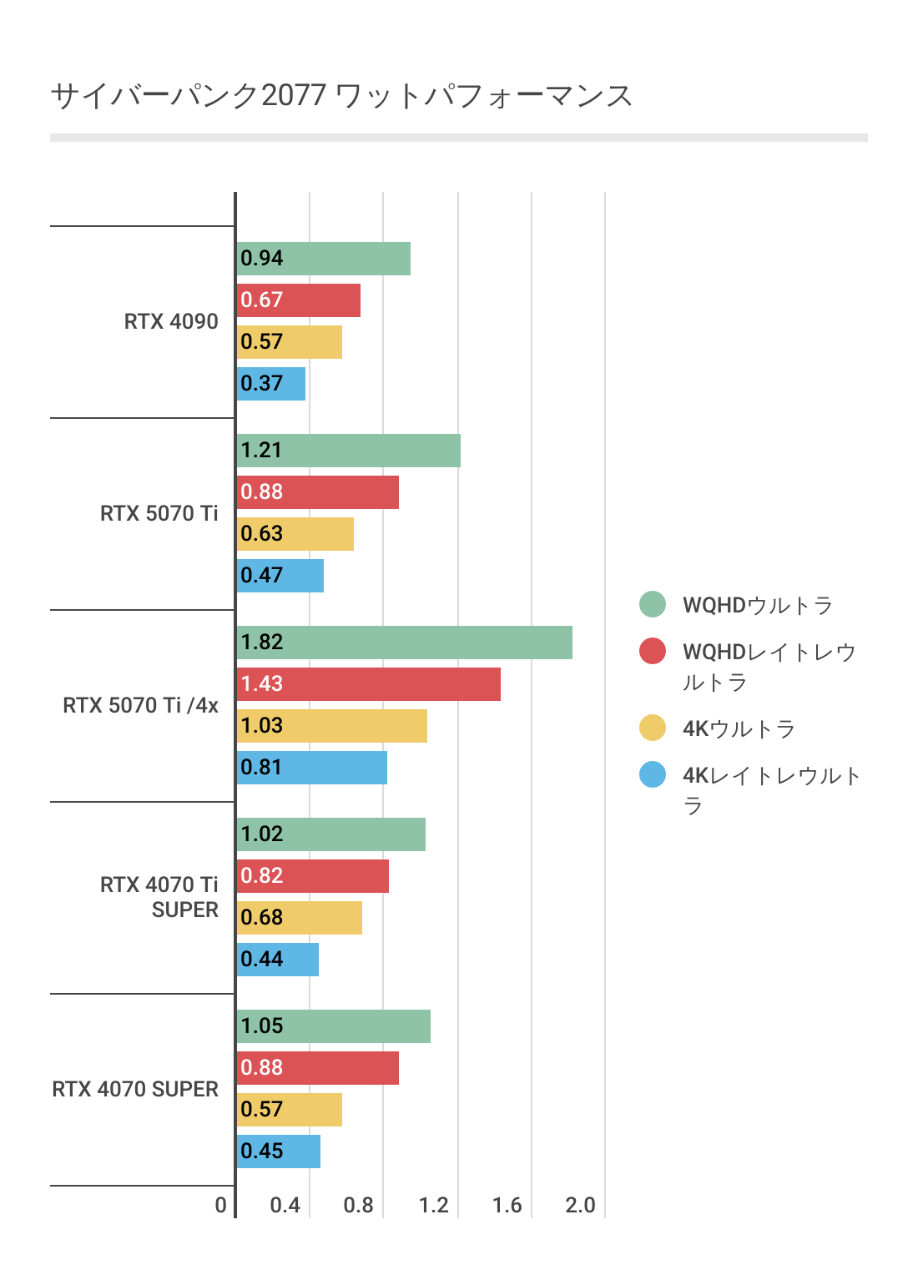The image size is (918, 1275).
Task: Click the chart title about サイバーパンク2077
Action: pos(341,96)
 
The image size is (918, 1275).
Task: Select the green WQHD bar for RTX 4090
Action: pos(324,259)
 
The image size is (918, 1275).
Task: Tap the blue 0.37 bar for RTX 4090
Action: pos(271,384)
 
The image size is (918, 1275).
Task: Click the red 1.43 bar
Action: pos(369,684)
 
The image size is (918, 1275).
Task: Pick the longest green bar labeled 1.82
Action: pos(405,643)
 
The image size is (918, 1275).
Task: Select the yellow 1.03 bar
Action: pos(332,726)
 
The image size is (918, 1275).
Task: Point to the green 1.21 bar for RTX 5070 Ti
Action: pos(349,451)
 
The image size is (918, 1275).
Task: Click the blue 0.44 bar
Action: pos(278,960)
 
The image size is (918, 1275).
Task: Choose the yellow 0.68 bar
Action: pos(300,918)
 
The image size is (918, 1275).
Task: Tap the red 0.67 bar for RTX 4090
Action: pos(299,300)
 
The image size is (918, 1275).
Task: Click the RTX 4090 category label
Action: pos(171,321)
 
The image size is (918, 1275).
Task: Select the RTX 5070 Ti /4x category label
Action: pos(140,705)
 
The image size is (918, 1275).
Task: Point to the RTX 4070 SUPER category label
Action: pos(135,1089)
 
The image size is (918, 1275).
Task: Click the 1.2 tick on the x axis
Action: pos(434,1205)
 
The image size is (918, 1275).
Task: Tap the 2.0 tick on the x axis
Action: pos(580,1205)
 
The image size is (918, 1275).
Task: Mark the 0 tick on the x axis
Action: pos(220,1205)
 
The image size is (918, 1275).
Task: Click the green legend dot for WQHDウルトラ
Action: pos(653,604)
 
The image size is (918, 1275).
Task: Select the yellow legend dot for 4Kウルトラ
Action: pos(653,728)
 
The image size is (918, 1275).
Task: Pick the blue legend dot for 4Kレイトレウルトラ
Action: pos(653,774)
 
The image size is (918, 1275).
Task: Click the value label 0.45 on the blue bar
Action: pos(262,1152)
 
